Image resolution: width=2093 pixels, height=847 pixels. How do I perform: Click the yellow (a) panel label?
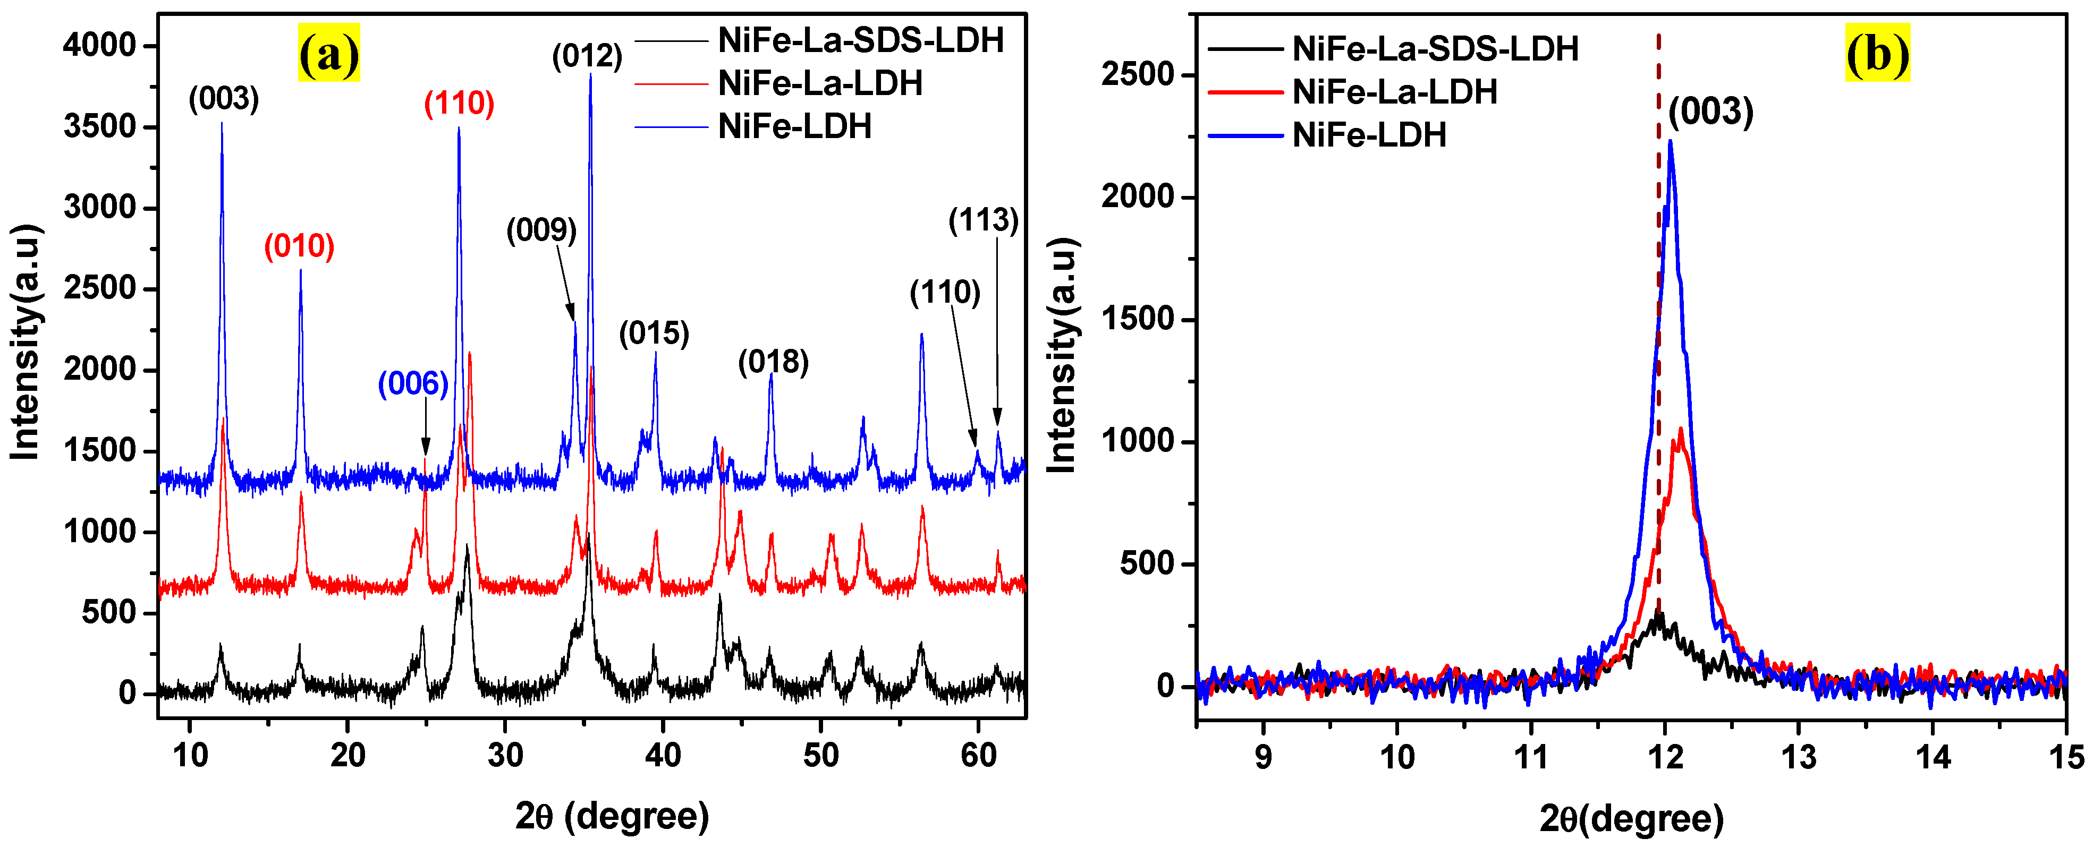(x=328, y=54)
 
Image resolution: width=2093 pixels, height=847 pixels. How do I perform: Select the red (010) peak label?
(x=299, y=245)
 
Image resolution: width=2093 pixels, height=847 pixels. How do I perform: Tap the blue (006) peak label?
(x=413, y=383)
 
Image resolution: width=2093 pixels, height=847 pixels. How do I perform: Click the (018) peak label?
(x=773, y=362)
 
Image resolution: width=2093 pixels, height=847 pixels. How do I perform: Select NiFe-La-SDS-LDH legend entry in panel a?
(x=860, y=40)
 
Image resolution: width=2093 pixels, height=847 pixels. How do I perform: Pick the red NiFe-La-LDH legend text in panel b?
(x=1394, y=92)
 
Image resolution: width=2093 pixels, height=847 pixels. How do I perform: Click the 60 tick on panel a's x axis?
(x=978, y=755)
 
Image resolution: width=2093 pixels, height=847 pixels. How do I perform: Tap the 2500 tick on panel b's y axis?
(x=1138, y=75)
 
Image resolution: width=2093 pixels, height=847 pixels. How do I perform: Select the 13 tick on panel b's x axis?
(x=1798, y=757)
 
